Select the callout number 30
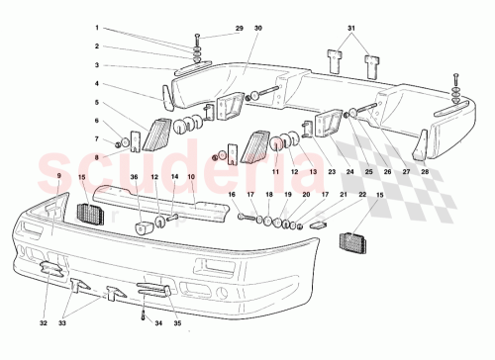pos(257,29)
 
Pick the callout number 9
pos(59,174)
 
